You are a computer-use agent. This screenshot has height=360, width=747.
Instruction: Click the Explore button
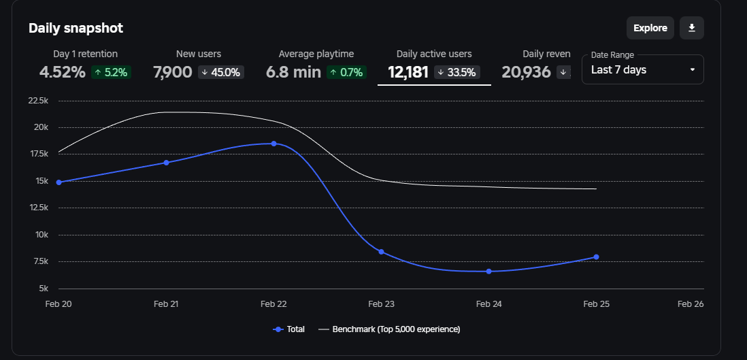pyautogui.click(x=650, y=28)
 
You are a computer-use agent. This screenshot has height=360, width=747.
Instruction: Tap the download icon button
pyautogui.click(x=691, y=28)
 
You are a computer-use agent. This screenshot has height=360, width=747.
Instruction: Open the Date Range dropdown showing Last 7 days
pyautogui.click(x=642, y=69)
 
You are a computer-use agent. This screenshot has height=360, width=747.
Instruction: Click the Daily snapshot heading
pyautogui.click(x=76, y=28)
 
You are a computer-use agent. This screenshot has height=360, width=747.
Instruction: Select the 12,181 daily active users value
pyautogui.click(x=408, y=72)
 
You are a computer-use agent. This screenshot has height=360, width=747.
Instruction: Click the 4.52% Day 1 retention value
pyautogui.click(x=62, y=72)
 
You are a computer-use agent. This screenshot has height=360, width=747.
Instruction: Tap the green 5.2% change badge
pyautogui.click(x=111, y=72)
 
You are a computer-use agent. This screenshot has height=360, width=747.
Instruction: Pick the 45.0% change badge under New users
pyautogui.click(x=221, y=72)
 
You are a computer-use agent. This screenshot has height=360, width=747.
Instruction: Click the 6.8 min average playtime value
pyautogui.click(x=293, y=72)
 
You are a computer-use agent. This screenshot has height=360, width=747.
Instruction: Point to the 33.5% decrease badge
pyautogui.click(x=457, y=72)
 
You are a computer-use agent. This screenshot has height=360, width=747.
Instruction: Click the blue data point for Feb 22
pyautogui.click(x=273, y=144)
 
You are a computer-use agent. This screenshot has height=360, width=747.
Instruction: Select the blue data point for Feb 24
pyautogui.click(x=488, y=272)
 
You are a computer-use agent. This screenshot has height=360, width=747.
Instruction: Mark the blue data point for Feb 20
pyautogui.click(x=59, y=182)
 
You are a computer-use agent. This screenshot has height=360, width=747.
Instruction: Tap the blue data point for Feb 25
pyautogui.click(x=596, y=257)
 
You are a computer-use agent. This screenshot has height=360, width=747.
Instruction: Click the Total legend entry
pyautogui.click(x=289, y=329)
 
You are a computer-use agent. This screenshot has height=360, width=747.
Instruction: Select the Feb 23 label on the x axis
pyautogui.click(x=381, y=304)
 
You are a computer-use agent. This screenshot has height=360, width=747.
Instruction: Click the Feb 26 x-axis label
pyautogui.click(x=690, y=304)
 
